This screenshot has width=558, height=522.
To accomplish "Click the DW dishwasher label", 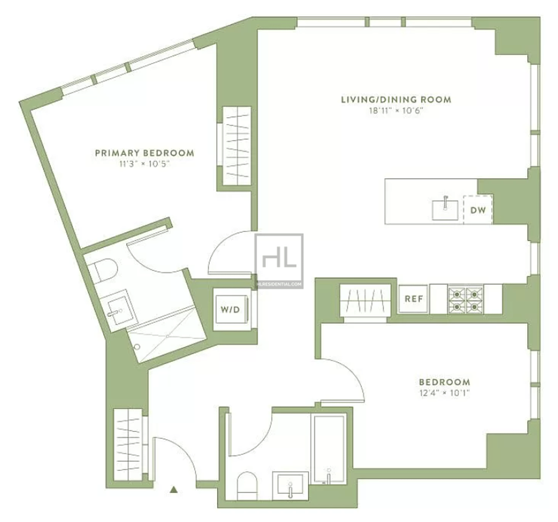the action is (478, 210).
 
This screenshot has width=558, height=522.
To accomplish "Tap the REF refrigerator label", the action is (413, 299).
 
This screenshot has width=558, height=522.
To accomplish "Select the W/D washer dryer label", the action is (230, 310).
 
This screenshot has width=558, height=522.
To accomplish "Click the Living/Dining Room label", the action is (396, 100).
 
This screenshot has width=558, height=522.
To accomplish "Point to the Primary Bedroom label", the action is (145, 153).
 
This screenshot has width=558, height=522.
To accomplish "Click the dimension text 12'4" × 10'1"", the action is (444, 393).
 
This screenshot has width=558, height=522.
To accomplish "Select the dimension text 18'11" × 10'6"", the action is (396, 111).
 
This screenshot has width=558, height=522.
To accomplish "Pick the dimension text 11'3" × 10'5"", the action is (145, 164).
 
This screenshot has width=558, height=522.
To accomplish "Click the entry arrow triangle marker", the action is (174, 489).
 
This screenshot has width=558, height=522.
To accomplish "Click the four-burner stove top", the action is (465, 299).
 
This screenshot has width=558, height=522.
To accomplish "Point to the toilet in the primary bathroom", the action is (103, 270).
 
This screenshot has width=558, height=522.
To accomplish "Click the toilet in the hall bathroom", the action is (247, 486).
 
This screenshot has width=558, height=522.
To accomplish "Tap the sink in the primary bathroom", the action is (117, 308).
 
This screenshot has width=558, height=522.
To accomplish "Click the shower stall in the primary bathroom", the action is (167, 335).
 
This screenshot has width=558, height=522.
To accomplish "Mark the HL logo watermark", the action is (279, 261).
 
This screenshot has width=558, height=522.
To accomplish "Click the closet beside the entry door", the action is (128, 445).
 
